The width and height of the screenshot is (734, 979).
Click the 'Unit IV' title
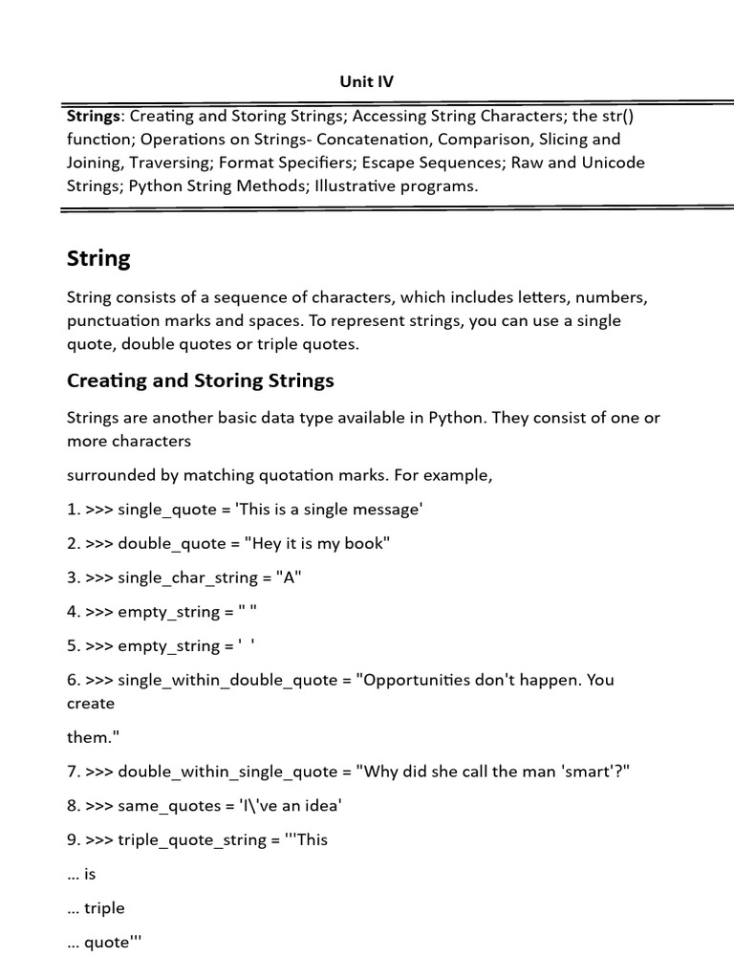coord(366,81)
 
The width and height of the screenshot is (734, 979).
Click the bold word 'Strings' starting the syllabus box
coord(94,117)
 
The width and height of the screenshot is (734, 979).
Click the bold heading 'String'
coord(98,258)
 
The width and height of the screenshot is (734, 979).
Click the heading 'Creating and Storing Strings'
coord(201,381)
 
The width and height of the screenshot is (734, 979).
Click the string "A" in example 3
coord(289,578)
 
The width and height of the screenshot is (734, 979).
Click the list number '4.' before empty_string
coord(74,613)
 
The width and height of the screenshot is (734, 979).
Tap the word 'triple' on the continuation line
coord(105,908)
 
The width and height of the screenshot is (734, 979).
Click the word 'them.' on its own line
coord(90,737)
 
